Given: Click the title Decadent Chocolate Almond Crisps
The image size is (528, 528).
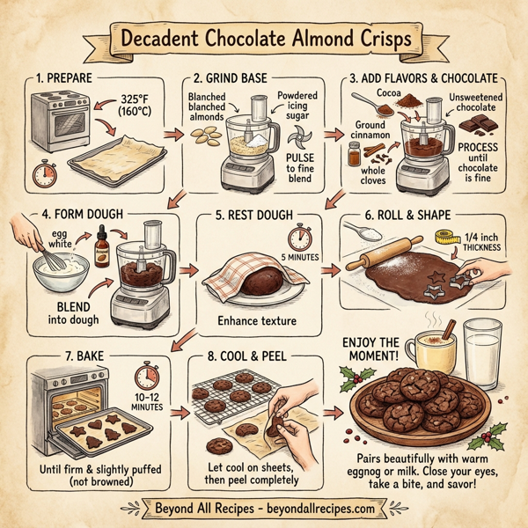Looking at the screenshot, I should [x=264, y=40].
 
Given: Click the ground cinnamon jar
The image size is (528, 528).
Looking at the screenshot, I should [x=354, y=156].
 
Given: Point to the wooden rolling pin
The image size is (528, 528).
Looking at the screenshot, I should [x=385, y=251].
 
